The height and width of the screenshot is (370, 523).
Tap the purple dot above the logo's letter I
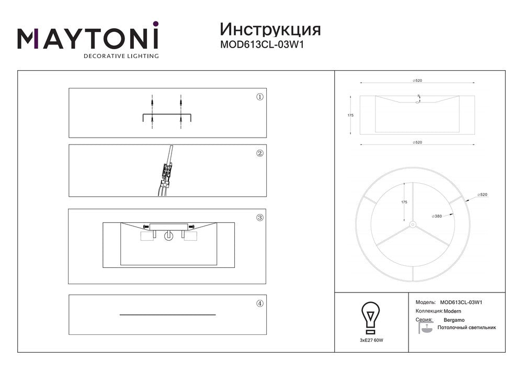(x=155, y=24)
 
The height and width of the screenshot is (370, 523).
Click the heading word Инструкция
(x=270, y=30)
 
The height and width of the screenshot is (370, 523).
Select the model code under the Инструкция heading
(x=262, y=45)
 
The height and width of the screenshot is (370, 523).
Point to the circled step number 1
(x=260, y=97)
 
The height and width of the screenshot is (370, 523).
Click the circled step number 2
(x=260, y=153)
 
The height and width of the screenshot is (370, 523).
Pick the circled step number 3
(x=260, y=218)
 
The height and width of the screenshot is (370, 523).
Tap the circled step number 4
(x=260, y=304)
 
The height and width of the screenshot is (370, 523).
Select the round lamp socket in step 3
(x=168, y=236)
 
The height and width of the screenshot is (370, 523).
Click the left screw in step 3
(x=146, y=227)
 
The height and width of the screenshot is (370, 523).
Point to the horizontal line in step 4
(x=168, y=315)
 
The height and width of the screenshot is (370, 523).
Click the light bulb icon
(x=371, y=318)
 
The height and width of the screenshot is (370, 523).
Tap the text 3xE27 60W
(x=371, y=341)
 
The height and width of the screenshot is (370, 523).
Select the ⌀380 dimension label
(x=437, y=216)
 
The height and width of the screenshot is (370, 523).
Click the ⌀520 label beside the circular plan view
(x=482, y=195)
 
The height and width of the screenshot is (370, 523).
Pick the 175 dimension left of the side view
(x=350, y=116)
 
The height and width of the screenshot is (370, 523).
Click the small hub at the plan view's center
(x=413, y=225)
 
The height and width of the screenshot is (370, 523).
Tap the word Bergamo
(x=454, y=320)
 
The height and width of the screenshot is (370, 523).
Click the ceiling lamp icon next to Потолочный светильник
(x=425, y=328)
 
